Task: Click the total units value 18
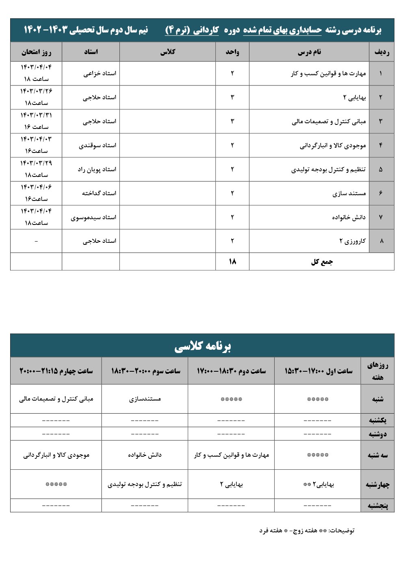232,262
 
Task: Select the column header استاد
91,52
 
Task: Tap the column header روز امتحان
36,52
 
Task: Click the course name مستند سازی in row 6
349,193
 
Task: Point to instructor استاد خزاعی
100,74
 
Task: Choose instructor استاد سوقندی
97,145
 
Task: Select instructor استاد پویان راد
97,169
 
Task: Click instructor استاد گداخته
99,193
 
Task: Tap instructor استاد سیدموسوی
93,217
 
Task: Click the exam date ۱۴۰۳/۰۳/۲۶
36,91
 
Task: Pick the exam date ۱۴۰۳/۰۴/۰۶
36,187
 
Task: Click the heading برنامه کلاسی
202,346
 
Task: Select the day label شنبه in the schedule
377,399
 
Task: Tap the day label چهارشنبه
377,484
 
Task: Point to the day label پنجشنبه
378,506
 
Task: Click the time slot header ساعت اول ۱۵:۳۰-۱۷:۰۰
318,371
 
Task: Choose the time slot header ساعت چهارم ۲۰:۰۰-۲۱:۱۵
56,371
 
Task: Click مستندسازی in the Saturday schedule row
145,399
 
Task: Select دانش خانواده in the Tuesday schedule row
145,455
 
